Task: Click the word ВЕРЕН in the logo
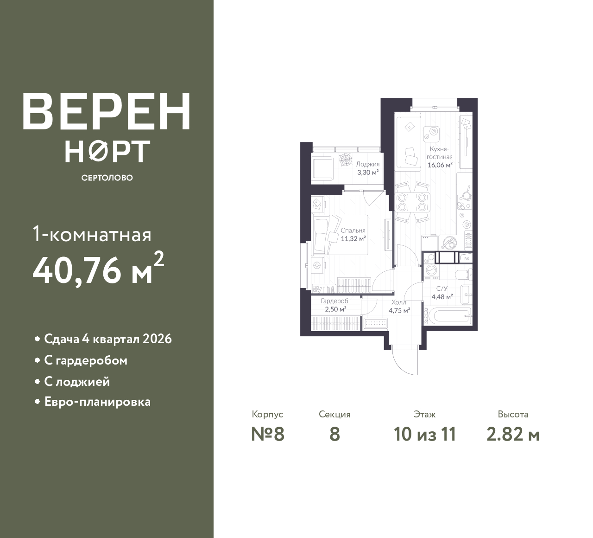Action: point(107,111)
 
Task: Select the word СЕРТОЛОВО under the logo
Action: point(107,178)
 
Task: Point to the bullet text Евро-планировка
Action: point(97,402)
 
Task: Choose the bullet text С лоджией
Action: point(77,382)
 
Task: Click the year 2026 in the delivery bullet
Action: point(157,339)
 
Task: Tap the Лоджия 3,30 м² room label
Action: point(368,168)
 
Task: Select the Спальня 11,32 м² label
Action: point(353,234)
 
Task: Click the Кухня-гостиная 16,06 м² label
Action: point(440,157)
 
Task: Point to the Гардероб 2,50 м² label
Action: point(335,305)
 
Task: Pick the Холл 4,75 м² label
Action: point(399,306)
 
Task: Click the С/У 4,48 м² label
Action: point(442,293)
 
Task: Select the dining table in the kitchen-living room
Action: point(412,202)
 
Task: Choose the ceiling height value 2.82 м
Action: point(513,435)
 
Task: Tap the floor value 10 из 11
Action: point(425,435)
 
